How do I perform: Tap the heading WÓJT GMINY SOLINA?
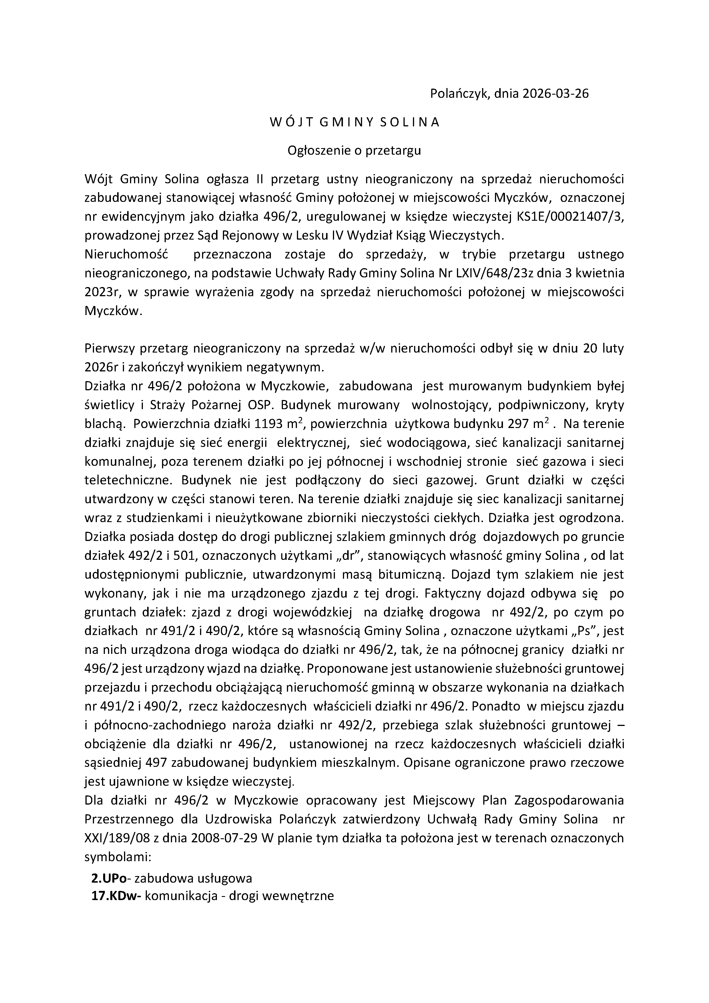pyautogui.click(x=354, y=122)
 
